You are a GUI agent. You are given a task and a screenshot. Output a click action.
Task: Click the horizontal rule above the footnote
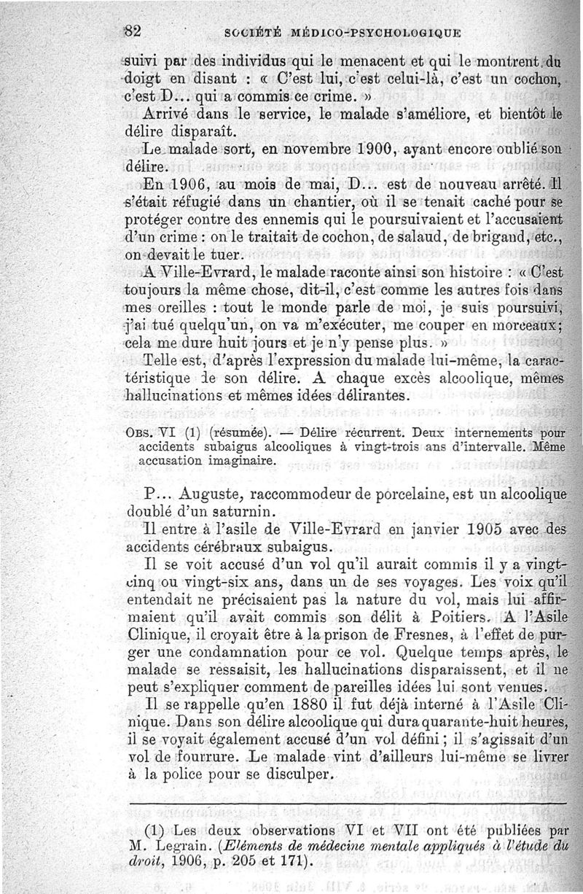(350, 804)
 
